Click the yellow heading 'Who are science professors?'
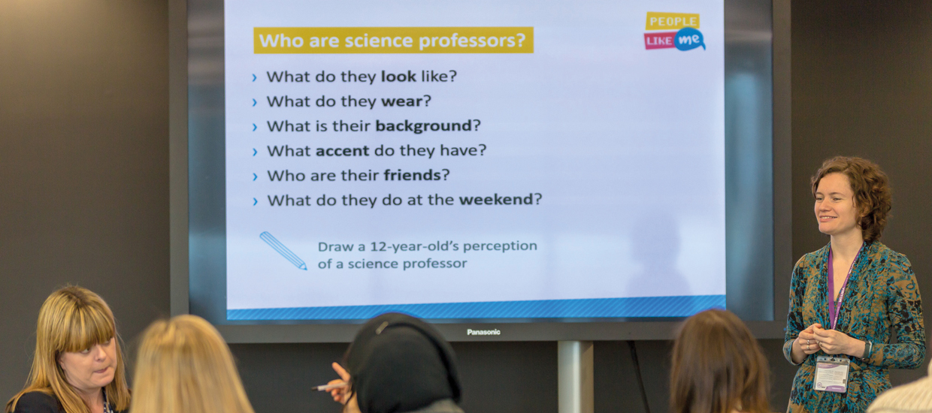pos(393,41)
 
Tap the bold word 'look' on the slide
pos(398,77)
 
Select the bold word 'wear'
pos(402,101)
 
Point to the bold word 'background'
pos(424,126)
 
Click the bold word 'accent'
pos(343,150)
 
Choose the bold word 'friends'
pos(412,175)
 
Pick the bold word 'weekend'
pos(496,200)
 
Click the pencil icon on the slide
pos(283,251)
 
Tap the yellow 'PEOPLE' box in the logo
pos(673,21)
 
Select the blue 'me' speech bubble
pos(689,40)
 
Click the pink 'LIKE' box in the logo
pos(659,41)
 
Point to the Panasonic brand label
pos(483,332)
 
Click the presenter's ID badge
pos(831,373)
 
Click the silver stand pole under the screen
pos(575,376)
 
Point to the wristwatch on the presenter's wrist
pos(867,350)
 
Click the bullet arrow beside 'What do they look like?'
pos(255,77)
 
